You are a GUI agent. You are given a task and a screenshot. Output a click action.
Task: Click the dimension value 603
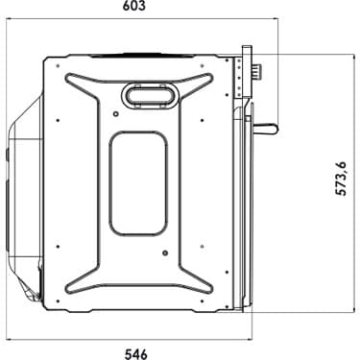[x=134, y=6]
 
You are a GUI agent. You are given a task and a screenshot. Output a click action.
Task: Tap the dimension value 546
[x=136, y=354]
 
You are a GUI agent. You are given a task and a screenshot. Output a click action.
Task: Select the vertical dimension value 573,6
[x=341, y=179]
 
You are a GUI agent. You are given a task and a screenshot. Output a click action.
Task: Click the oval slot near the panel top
[x=149, y=95]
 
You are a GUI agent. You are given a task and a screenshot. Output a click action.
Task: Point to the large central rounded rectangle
[x=138, y=183]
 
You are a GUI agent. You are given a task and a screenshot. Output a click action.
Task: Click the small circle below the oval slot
[x=116, y=113]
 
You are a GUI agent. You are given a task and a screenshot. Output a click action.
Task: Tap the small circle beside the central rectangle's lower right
[x=165, y=253]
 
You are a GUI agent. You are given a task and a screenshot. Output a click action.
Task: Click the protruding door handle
[x=265, y=129]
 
